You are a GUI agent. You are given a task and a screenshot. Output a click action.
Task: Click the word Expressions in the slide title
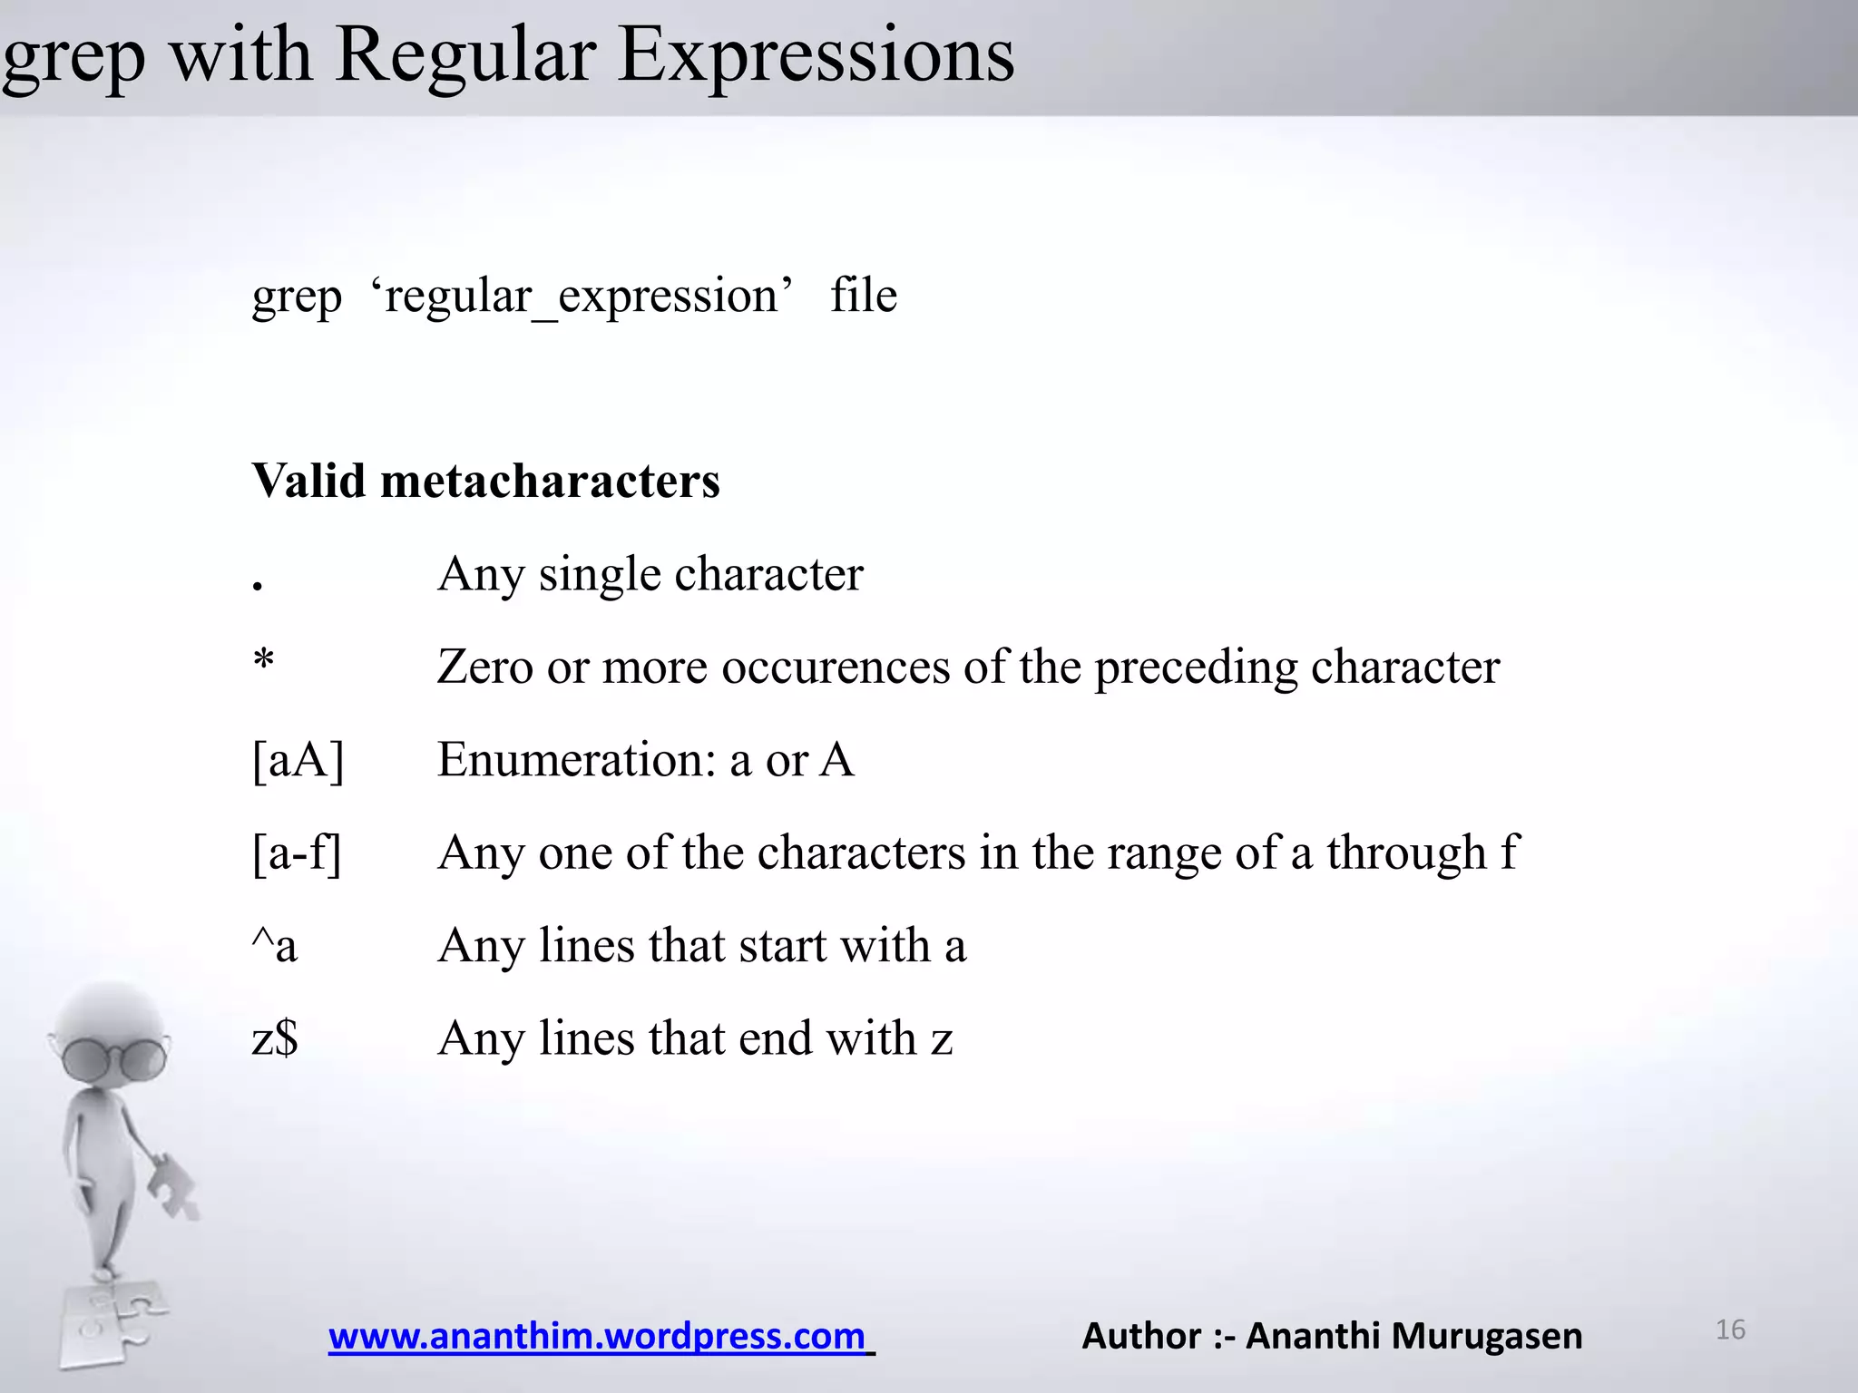click(816, 56)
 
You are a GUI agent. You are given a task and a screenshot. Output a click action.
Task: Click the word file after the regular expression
click(863, 296)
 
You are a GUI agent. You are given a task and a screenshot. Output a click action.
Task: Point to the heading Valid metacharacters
click(485, 481)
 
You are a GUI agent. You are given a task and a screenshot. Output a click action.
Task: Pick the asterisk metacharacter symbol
click(263, 660)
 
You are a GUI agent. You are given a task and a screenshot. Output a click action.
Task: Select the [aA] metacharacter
click(298, 760)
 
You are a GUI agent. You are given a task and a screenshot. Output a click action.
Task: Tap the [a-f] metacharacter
click(297, 853)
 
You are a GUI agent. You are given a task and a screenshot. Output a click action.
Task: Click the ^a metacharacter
click(274, 946)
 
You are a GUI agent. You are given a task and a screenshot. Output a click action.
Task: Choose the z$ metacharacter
click(274, 1038)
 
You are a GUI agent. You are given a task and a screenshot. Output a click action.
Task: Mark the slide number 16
click(1730, 1330)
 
